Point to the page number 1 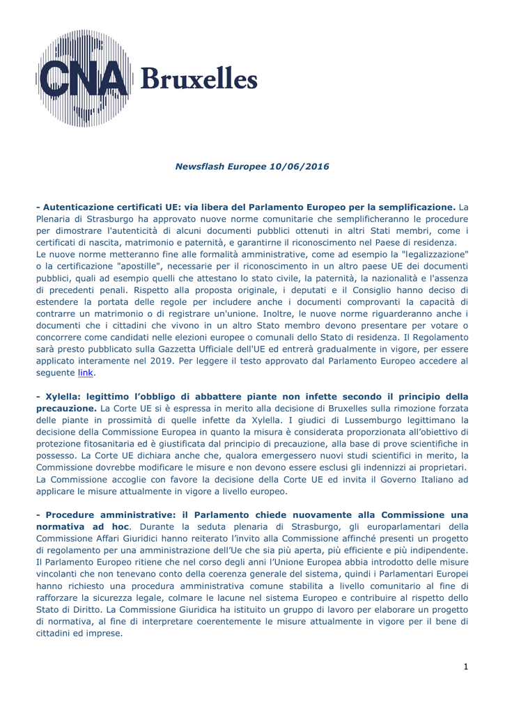point(466,668)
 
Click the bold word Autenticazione point(77,207)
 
